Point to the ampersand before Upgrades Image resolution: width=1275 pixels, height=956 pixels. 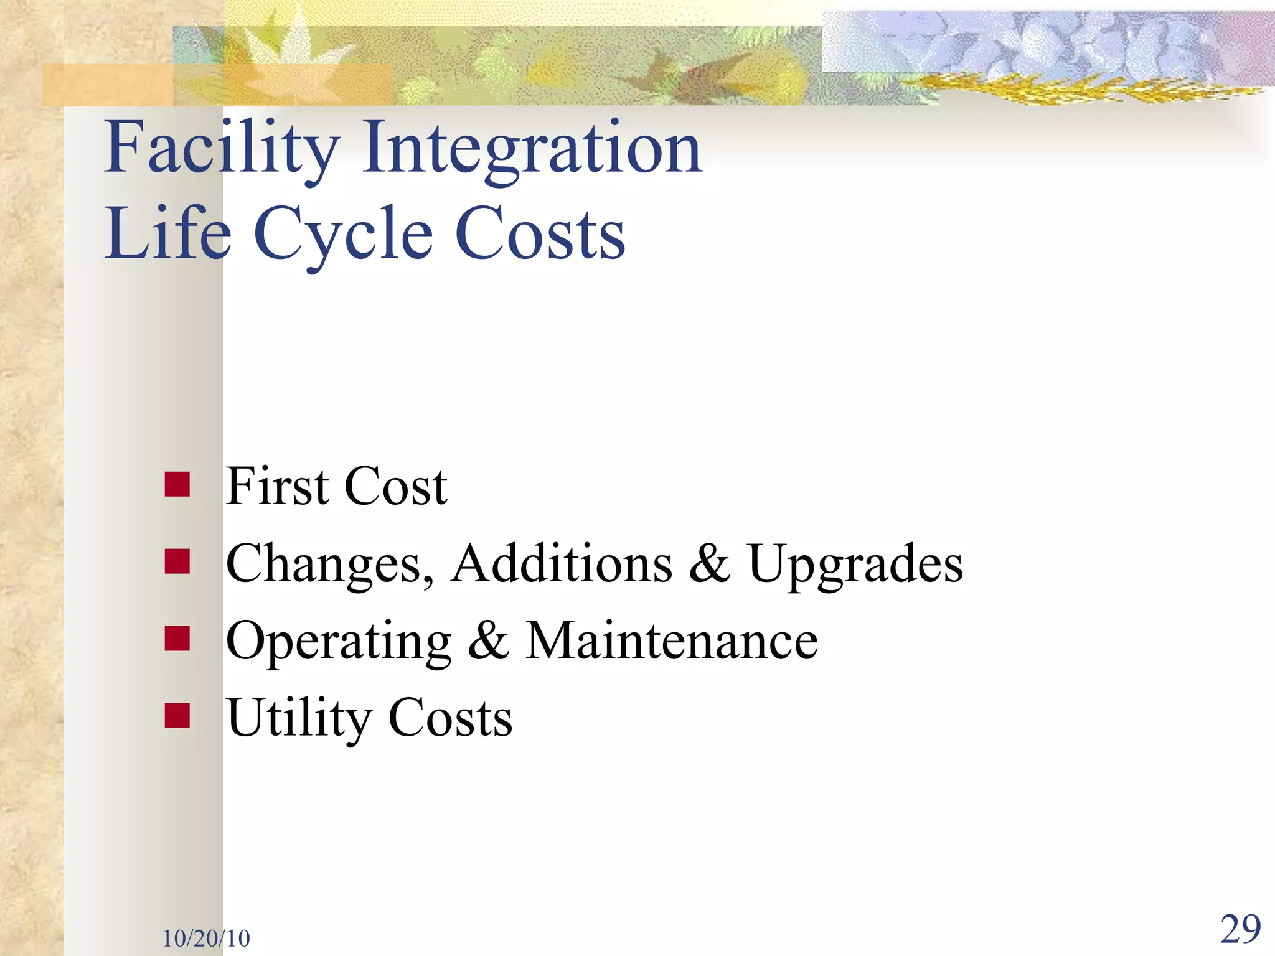[x=710, y=563]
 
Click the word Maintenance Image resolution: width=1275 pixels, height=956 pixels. [x=672, y=641]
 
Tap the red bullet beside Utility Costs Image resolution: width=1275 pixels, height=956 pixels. [x=177, y=716]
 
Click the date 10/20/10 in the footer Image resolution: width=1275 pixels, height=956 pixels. [x=206, y=938]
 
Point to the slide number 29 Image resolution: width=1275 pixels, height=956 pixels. [x=1240, y=929]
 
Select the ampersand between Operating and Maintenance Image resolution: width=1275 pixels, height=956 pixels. [x=488, y=641]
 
